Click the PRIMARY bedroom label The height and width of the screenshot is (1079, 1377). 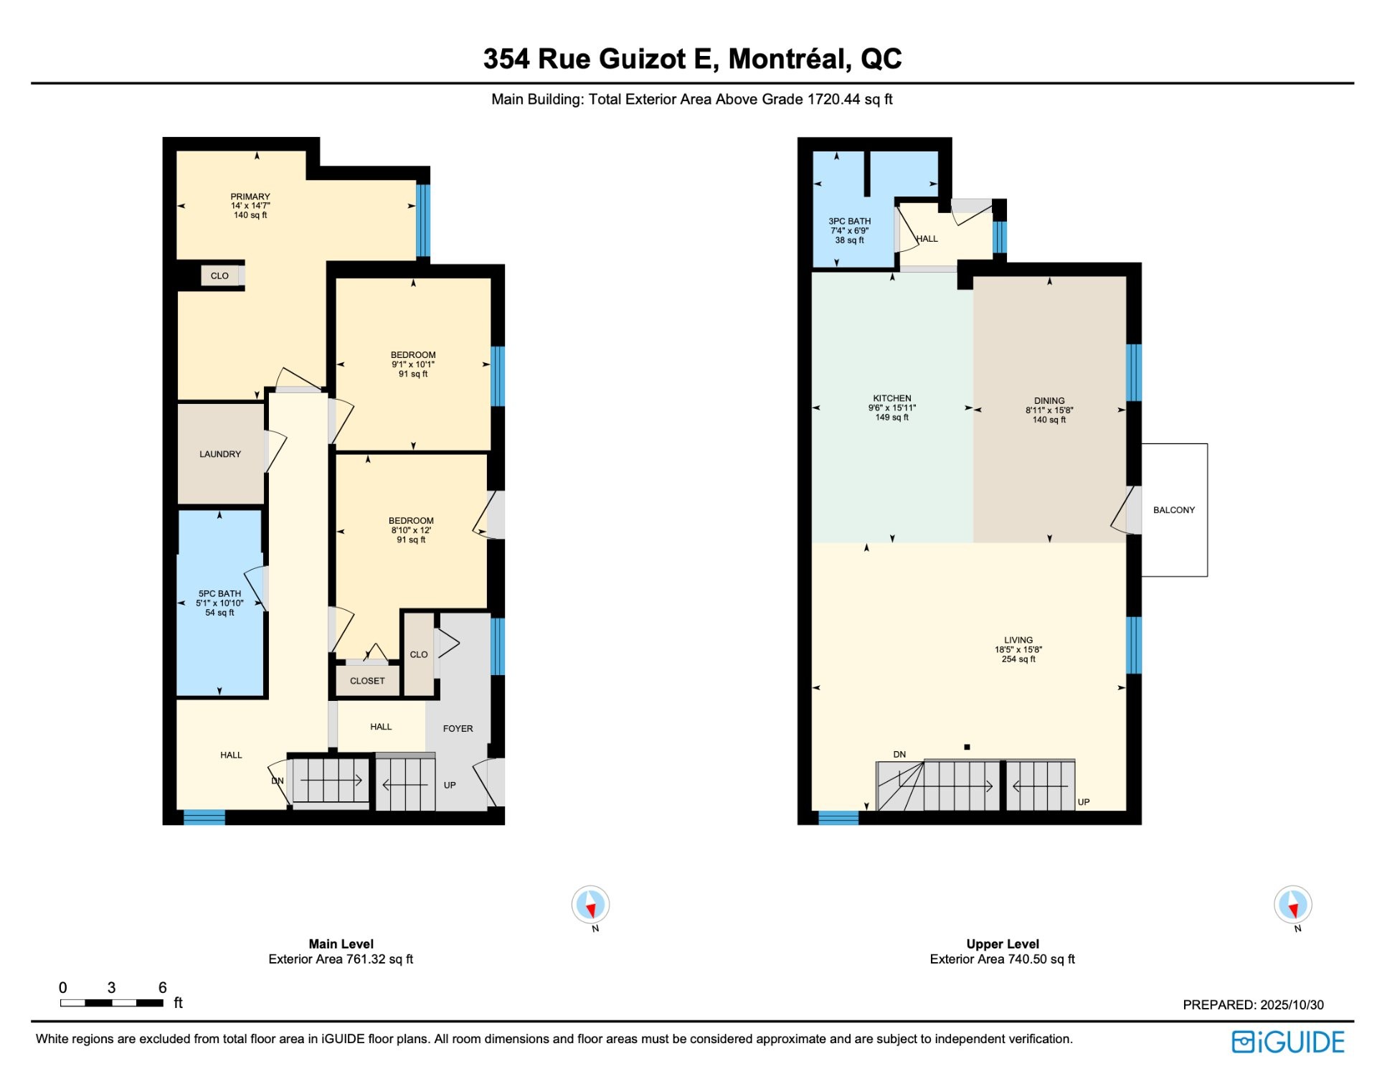point(250,197)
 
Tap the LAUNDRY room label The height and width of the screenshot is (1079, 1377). point(220,454)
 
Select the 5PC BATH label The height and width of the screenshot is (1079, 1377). point(219,594)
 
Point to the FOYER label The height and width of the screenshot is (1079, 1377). point(458,729)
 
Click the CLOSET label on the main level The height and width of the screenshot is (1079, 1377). point(367,681)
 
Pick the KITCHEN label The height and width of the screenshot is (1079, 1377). point(892,398)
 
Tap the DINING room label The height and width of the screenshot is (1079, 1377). point(1049,401)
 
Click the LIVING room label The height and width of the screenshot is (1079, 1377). point(1018,640)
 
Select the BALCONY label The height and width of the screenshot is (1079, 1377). point(1174,510)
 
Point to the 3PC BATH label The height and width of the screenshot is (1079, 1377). point(850,222)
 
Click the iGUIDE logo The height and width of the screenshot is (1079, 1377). point(1288,1042)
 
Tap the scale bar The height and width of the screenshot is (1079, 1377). point(112,1003)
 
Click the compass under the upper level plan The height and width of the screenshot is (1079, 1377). point(1293,905)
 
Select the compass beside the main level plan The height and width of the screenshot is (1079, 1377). point(590,905)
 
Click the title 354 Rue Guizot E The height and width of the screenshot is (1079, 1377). point(601,59)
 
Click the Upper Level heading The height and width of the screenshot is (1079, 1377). point(1003,944)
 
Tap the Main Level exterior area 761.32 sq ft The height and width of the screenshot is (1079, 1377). point(341,959)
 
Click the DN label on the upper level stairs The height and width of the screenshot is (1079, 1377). point(899,755)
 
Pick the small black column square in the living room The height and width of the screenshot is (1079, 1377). point(967,748)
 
